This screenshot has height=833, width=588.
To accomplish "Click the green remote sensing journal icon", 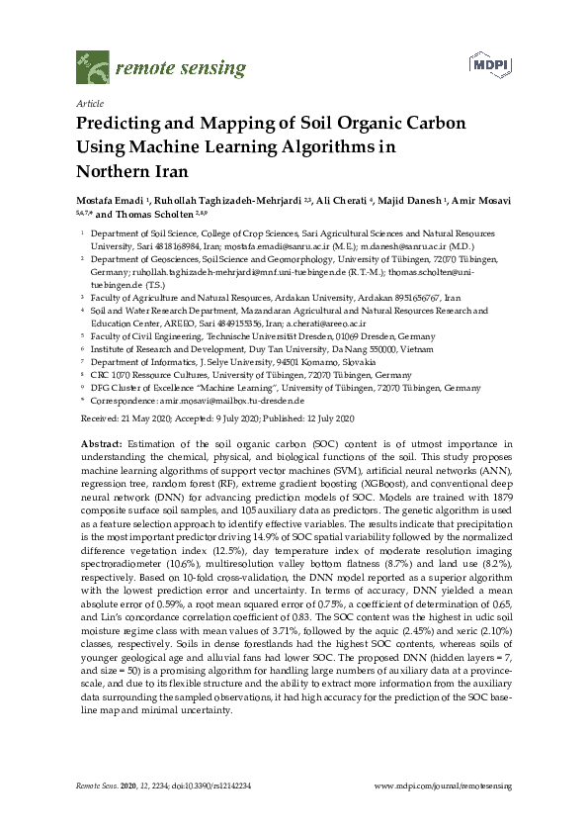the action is click(92, 66).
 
